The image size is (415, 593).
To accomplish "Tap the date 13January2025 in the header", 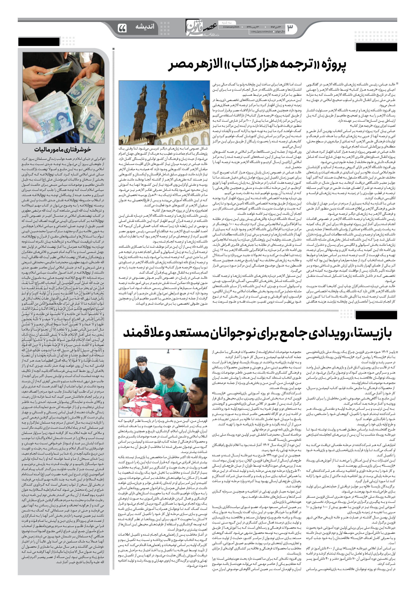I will (229, 27).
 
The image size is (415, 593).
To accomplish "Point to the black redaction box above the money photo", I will (39, 42).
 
